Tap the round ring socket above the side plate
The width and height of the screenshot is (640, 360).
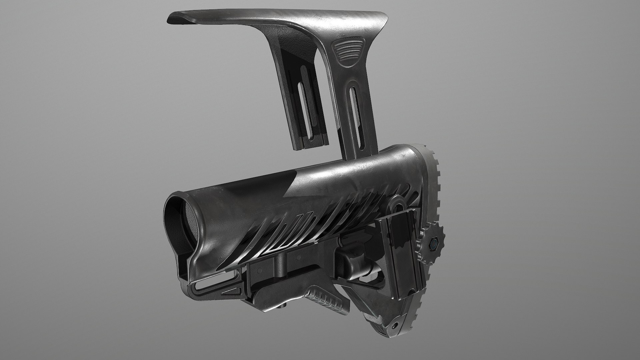(x=397, y=203)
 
